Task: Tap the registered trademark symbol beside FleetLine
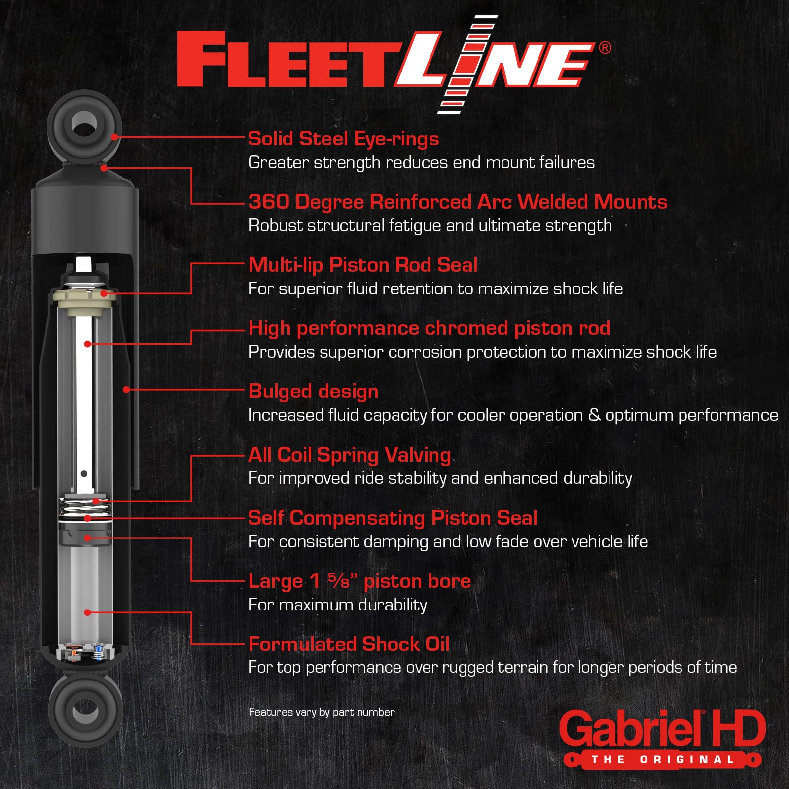click(x=605, y=48)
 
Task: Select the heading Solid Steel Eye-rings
click(x=343, y=139)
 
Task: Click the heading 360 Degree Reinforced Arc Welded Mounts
click(x=457, y=202)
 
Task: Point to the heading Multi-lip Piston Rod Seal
click(x=362, y=265)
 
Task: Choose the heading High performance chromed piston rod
click(x=429, y=328)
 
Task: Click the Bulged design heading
click(x=313, y=392)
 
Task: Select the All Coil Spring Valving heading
click(x=349, y=455)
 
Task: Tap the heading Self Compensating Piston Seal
click(x=392, y=518)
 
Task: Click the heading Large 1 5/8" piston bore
click(x=359, y=581)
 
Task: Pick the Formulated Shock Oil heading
click(x=349, y=645)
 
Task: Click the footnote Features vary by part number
click(x=322, y=712)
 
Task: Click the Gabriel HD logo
click(x=662, y=729)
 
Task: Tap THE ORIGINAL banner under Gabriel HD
click(x=662, y=760)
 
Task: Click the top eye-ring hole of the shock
click(x=84, y=123)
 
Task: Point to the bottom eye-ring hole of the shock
click(x=85, y=711)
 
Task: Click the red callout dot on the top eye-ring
click(x=114, y=137)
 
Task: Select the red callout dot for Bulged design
click(x=126, y=390)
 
